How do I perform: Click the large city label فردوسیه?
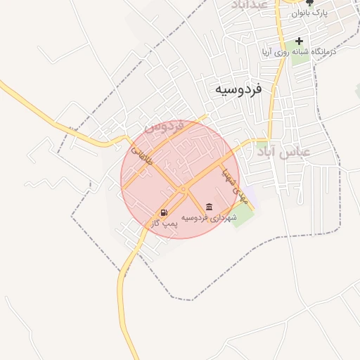coord(238,89)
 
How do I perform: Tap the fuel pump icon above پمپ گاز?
coord(164,212)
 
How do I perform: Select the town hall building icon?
coord(209,207)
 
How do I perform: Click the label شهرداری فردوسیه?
coord(209,218)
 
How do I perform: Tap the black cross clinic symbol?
coord(300,41)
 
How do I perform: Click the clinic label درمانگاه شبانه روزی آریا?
coord(299,51)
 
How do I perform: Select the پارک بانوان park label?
coord(310,13)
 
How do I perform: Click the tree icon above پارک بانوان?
coord(310,3)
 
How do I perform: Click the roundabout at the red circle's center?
coord(183,189)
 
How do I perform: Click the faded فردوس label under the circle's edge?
coord(164,127)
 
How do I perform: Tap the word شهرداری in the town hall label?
coord(224,218)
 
